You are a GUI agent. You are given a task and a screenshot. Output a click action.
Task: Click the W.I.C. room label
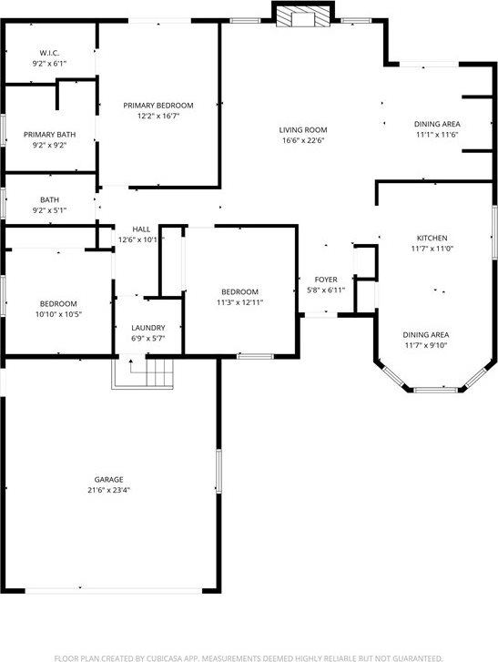tap(49, 52)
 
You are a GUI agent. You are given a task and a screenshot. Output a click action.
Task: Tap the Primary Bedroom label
tap(159, 106)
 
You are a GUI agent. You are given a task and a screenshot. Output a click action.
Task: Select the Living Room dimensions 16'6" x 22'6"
tap(302, 141)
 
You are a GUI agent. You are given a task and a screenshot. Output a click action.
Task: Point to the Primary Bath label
tap(49, 135)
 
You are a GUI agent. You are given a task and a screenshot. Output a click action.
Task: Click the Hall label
tap(141, 229)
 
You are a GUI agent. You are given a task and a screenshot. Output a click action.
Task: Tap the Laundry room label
tap(147, 328)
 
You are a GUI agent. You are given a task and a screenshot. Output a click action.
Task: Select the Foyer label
tap(326, 279)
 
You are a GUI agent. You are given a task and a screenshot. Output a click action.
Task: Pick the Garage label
tap(108, 479)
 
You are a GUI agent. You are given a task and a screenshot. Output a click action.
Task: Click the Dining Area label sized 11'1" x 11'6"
tap(436, 134)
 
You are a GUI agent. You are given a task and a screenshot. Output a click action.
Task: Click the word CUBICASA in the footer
tap(169, 657)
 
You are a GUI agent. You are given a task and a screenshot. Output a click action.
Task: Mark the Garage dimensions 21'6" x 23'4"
tap(108, 490)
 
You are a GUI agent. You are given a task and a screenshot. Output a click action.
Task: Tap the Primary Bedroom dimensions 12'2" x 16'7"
tap(159, 117)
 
